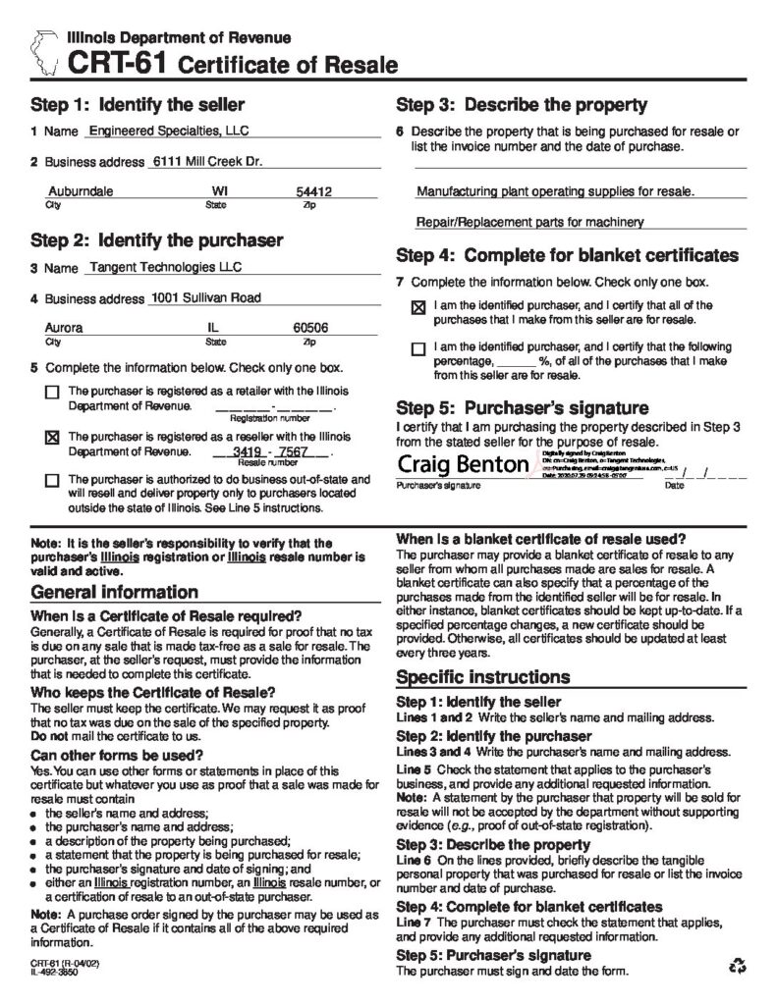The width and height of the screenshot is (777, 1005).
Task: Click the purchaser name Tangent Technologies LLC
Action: [x=165, y=266]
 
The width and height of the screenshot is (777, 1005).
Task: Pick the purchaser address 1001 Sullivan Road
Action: [x=204, y=297]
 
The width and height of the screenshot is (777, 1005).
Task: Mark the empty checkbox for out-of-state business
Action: [x=52, y=480]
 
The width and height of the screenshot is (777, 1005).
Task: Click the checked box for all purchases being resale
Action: [x=418, y=307]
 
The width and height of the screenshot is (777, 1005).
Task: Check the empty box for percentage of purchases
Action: [x=418, y=347]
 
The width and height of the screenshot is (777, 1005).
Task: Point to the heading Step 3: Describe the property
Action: [x=521, y=104]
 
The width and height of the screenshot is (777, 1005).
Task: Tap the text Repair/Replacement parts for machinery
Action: [x=530, y=222]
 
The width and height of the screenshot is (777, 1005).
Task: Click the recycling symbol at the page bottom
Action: [x=737, y=967]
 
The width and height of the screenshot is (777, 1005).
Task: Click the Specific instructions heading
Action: [x=482, y=677]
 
